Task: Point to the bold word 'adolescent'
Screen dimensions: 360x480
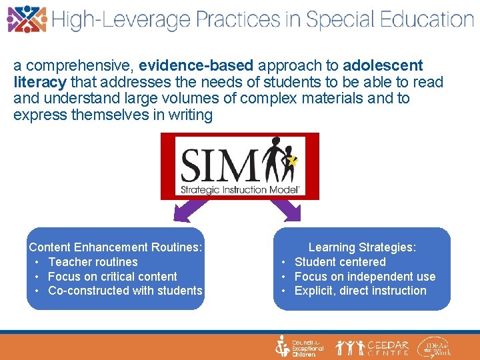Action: pos(383,66)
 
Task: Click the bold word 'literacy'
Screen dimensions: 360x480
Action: pos(39,83)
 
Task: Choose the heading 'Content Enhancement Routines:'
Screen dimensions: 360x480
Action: pos(115,247)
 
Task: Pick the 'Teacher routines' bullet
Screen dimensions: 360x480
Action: pos(93,262)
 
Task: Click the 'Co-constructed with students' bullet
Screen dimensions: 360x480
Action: pos(125,291)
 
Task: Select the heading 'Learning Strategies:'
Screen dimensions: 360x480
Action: pos(362,247)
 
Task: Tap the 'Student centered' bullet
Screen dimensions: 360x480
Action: pos(340,262)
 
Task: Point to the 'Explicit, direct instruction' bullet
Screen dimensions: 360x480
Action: pos(360,291)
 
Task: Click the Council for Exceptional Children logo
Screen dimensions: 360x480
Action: pos(300,347)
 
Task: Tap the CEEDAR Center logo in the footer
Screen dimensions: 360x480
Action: pos(373,347)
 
